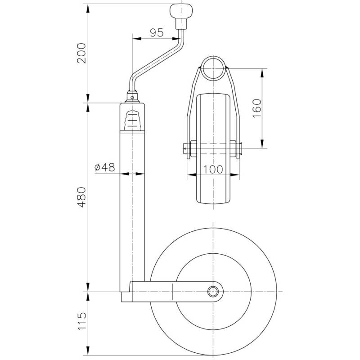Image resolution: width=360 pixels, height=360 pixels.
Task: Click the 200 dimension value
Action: coord(81,53)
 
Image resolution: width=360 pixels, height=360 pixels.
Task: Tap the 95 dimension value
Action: coord(157,32)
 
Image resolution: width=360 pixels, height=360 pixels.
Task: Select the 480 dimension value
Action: coord(81,197)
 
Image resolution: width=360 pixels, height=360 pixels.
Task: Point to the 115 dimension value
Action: coord(82,321)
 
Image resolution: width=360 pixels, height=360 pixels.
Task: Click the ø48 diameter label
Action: coord(105,167)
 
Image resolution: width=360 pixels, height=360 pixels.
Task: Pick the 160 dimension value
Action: coord(257,108)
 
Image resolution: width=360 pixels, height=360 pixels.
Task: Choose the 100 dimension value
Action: coord(213,170)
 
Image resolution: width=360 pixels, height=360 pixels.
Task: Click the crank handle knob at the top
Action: coord(181,16)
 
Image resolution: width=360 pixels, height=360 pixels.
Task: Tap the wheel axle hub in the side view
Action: coord(213,292)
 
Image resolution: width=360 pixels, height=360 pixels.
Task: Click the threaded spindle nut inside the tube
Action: coord(132,120)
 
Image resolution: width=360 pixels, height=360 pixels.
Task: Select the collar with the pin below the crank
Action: coord(132,97)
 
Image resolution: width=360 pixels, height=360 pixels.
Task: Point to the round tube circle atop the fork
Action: coord(213,68)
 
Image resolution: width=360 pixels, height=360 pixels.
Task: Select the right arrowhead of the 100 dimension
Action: coord(234,175)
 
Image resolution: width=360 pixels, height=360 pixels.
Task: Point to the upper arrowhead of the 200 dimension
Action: coord(88,9)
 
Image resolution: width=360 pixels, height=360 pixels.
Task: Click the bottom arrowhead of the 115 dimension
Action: coord(88,351)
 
